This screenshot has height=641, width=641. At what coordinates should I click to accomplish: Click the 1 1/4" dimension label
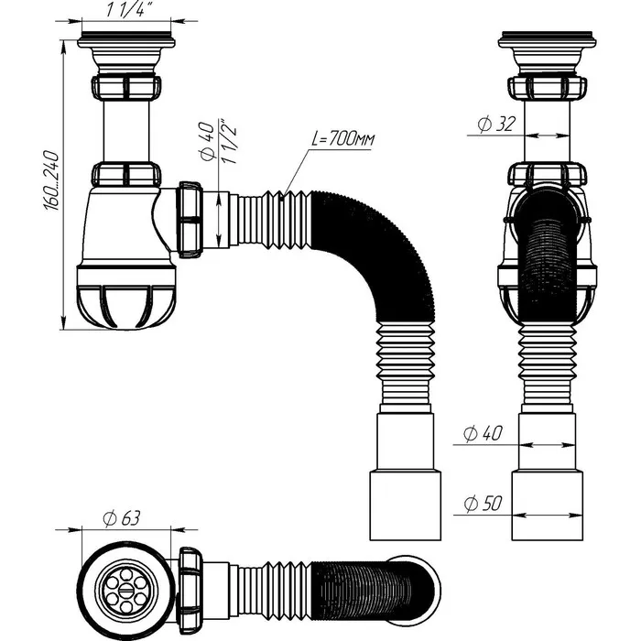127,9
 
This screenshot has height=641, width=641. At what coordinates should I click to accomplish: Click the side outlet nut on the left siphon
190,221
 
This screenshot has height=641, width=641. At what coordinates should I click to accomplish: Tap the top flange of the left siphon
127,42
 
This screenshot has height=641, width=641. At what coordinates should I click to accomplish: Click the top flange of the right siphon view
547,42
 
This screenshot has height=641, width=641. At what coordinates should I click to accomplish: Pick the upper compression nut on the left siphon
127,89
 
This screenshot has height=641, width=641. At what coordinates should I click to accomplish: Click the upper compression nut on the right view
547,89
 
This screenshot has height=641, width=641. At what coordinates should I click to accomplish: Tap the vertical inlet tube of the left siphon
127,133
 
